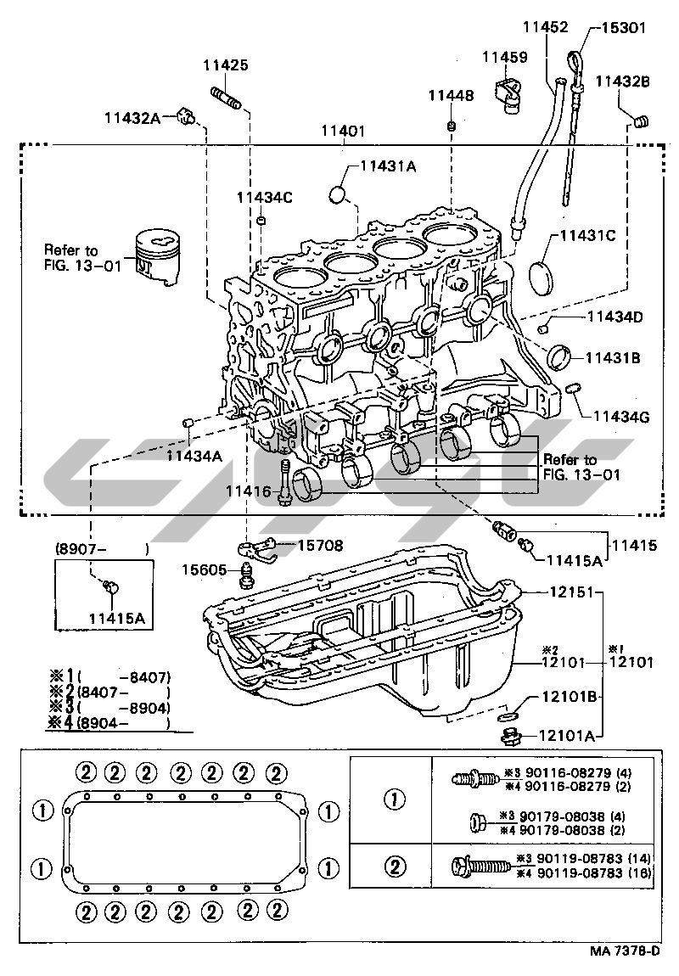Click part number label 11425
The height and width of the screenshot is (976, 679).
pos(225,65)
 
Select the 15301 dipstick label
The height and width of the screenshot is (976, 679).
pos(623,27)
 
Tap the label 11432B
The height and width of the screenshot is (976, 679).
pos(622,81)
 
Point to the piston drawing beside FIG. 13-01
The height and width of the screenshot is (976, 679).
pos(158,258)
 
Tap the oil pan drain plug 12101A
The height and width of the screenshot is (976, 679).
pos(510,737)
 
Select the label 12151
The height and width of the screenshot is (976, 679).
pos(571,592)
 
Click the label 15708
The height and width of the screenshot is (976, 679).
pos(320,545)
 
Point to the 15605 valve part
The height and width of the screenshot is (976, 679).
pos(247,575)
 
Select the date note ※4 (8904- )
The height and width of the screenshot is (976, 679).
pos(109,722)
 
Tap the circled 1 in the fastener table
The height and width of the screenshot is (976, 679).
pos(396,799)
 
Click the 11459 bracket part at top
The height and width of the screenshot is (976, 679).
pos(508,96)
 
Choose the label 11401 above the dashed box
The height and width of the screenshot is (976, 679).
pos(343,132)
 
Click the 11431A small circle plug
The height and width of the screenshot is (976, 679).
pos(337,194)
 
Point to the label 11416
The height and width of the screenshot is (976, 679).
pos(249,491)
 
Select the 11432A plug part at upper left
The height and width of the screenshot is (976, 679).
pos(184,115)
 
